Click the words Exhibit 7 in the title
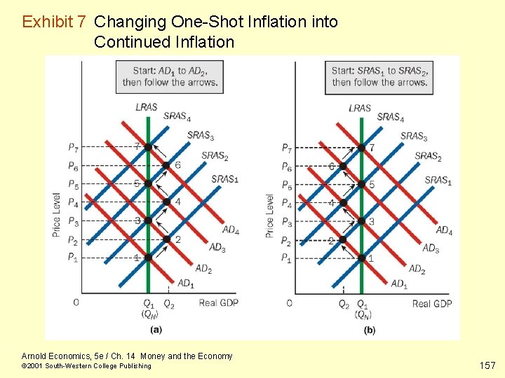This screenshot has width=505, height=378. click(x=55, y=22)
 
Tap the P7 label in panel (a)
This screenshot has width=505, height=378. click(x=74, y=147)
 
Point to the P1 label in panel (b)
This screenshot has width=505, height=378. click(x=286, y=258)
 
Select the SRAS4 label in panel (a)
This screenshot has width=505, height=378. click(x=177, y=116)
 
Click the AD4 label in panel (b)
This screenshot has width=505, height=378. click(x=444, y=230)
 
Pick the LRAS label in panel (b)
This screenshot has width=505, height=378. click(x=360, y=108)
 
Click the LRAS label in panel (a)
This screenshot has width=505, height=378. click(x=147, y=108)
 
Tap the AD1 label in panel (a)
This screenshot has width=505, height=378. click(x=185, y=283)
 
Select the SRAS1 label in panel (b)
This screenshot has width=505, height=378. click(x=438, y=181)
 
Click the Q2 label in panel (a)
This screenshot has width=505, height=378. click(x=169, y=303)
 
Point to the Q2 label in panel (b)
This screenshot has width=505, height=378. click(x=344, y=304)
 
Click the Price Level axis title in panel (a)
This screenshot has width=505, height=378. click(x=56, y=214)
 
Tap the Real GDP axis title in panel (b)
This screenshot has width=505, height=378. click(x=432, y=303)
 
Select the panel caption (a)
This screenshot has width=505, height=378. click(x=156, y=330)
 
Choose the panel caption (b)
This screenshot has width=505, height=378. click(x=370, y=330)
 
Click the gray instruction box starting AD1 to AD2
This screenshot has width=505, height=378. click(x=168, y=76)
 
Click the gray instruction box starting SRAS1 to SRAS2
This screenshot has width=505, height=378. click(x=379, y=76)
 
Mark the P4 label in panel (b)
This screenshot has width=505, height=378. click(x=286, y=203)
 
